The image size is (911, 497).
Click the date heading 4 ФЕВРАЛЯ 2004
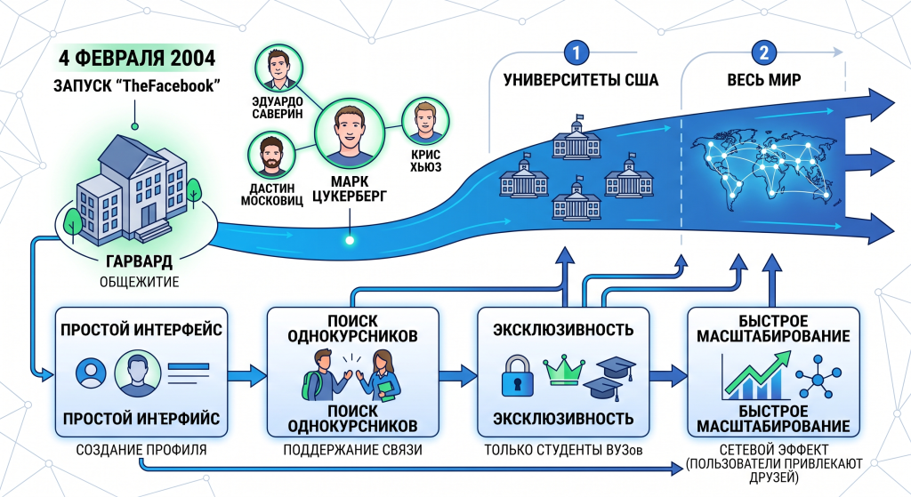pos(137,59)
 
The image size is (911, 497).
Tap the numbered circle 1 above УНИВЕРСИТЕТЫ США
pos(576,53)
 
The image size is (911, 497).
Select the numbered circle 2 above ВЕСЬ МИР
pos(763,53)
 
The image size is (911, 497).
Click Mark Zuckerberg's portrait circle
pos(350,133)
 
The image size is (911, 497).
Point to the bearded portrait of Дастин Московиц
pos(271,155)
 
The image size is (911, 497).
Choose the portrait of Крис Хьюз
pos(425,121)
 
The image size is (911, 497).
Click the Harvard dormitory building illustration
pos(136,189)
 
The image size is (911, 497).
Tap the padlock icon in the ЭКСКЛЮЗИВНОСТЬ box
pos(518,376)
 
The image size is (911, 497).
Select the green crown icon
pos(563,371)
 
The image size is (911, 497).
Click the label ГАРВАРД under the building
pos(139,261)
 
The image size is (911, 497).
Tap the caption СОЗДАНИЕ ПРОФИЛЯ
pos(141,450)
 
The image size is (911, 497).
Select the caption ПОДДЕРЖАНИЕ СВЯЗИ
pos(352,450)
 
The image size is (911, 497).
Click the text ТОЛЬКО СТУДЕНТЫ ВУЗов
pos(563,450)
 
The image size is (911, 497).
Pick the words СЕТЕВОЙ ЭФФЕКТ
pos(773,449)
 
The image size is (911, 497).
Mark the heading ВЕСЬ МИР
pos(764,79)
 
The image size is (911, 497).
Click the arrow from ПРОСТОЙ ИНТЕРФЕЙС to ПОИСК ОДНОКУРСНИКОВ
pos(247,376)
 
